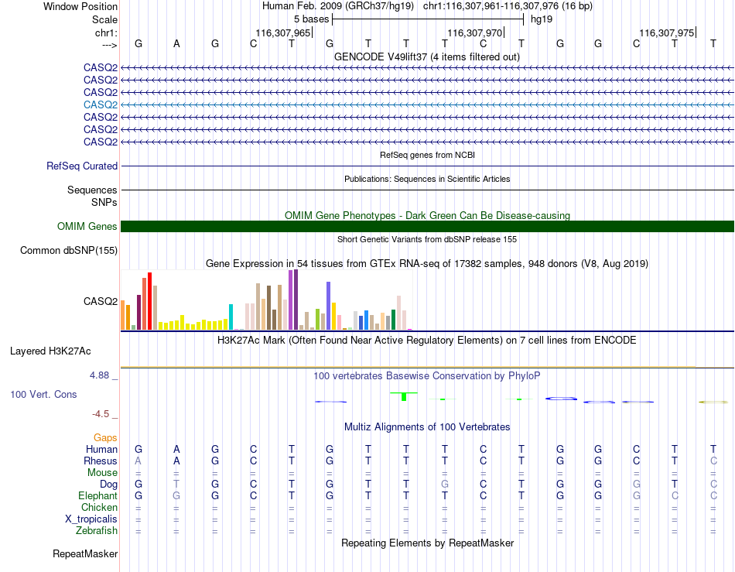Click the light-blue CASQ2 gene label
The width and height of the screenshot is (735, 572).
coord(101,104)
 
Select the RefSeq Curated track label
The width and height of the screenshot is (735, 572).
coord(82,166)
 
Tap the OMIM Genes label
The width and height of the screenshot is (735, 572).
coord(87,227)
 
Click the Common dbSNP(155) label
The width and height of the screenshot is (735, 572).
coord(69,250)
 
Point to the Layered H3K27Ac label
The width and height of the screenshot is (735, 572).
coord(50,351)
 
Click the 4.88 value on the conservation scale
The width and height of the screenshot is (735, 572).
coord(99,375)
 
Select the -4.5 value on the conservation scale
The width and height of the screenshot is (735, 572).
coord(101,414)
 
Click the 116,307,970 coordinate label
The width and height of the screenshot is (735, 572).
coord(475,33)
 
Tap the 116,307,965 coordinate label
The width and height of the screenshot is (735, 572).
coord(283,33)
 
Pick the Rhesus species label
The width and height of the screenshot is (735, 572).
coord(101,461)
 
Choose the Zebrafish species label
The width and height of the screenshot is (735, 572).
coord(97,531)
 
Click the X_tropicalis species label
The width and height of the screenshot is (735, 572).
coord(91,519)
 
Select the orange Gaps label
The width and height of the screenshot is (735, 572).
coord(105,437)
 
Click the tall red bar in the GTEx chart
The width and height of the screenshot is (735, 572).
coord(149,301)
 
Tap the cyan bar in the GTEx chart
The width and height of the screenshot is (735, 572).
coord(231,317)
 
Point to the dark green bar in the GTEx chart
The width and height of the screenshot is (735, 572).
coord(393,320)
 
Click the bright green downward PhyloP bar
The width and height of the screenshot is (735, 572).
coord(404,396)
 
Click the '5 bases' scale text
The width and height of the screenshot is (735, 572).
coord(311,19)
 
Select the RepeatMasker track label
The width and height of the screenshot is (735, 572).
coord(85,553)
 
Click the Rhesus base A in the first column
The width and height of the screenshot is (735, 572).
coord(138,461)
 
